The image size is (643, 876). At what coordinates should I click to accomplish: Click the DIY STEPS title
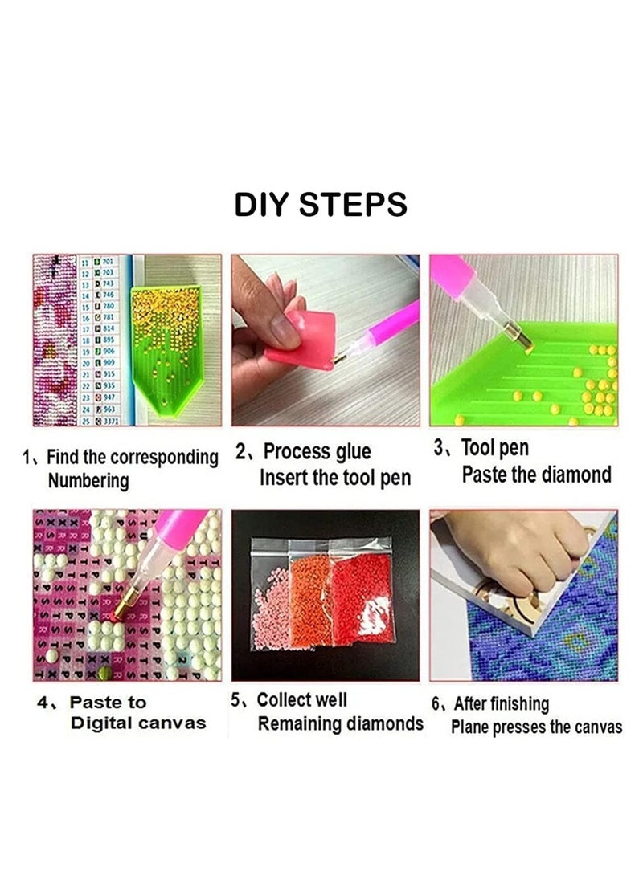(321, 205)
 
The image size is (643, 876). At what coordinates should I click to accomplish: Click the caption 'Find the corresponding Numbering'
(121, 469)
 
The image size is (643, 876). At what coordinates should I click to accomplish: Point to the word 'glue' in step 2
(353, 452)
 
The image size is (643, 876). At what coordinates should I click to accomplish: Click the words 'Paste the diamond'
(536, 475)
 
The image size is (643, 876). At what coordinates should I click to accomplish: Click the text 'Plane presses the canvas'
(536, 727)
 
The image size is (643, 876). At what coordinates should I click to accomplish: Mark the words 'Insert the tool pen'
(334, 478)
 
